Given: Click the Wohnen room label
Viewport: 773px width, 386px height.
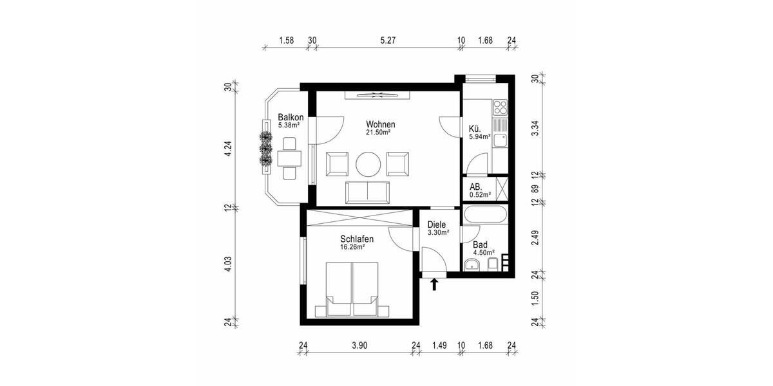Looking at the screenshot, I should pyautogui.click(x=380, y=124).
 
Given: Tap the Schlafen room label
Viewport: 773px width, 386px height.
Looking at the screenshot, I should pyautogui.click(x=357, y=239).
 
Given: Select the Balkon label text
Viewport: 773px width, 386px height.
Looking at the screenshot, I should pyautogui.click(x=291, y=117).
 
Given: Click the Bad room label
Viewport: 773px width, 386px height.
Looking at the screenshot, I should pyautogui.click(x=480, y=244).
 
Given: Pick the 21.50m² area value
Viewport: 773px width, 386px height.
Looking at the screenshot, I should pyautogui.click(x=378, y=133).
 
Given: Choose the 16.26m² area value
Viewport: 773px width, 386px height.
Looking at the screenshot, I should pyautogui.click(x=353, y=246).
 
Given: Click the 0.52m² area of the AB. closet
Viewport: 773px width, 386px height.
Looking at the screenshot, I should pyautogui.click(x=480, y=194).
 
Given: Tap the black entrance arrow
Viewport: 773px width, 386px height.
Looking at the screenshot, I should pyautogui.click(x=434, y=284).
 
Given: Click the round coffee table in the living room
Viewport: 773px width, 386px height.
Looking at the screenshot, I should pyautogui.click(x=370, y=163).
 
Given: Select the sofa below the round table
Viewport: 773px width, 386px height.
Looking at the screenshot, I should pyautogui.click(x=368, y=191).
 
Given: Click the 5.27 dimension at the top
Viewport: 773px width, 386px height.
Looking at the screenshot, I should pyautogui.click(x=388, y=41).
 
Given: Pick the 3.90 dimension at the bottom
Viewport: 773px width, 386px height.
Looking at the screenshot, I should pyautogui.click(x=359, y=346).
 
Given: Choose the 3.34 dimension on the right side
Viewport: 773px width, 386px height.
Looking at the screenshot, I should pyautogui.click(x=533, y=127).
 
